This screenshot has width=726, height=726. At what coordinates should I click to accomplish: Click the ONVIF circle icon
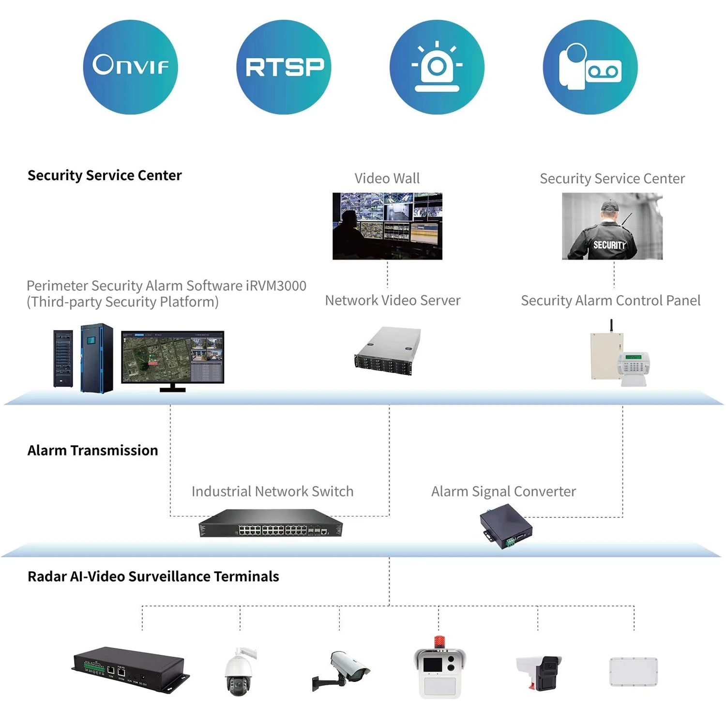(130, 67)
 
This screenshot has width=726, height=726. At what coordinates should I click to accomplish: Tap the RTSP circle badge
(284, 67)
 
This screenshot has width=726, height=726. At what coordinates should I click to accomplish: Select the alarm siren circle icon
(437, 67)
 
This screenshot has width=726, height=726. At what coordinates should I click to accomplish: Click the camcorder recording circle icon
(590, 67)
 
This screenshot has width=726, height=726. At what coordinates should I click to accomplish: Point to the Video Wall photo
(387, 226)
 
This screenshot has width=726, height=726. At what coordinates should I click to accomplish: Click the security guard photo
(612, 226)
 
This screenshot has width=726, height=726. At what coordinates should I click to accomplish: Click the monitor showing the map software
(172, 357)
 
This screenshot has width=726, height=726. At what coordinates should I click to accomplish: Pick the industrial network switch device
(271, 524)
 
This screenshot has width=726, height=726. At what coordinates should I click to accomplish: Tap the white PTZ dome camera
(239, 672)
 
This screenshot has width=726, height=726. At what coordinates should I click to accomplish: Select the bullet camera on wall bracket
(342, 669)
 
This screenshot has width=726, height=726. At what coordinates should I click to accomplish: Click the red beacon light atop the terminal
(439, 642)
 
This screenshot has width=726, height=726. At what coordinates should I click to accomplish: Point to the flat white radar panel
(634, 671)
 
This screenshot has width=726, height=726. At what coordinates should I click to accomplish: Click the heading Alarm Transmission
(92, 451)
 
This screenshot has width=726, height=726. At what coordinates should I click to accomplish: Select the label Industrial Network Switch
(272, 492)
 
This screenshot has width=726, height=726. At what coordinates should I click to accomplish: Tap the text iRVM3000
(276, 286)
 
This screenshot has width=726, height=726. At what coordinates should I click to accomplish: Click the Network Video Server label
(393, 301)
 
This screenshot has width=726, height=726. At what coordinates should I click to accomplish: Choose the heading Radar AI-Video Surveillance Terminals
(153, 576)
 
